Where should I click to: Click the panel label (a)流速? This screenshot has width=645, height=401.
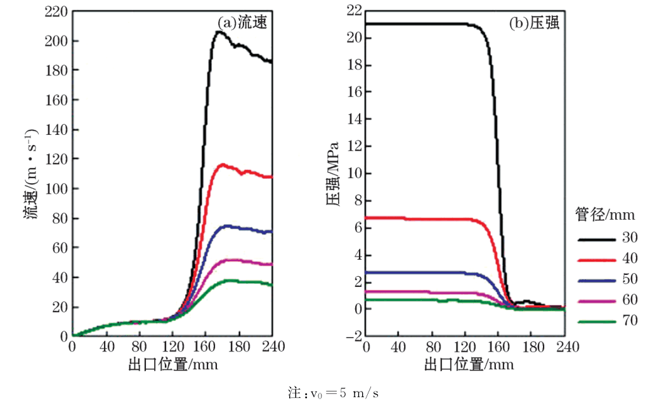(x=241, y=23)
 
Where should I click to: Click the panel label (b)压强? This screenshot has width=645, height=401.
(x=533, y=23)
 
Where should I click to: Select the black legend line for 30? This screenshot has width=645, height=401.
(x=597, y=239)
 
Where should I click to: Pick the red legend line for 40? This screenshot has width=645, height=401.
(x=597, y=260)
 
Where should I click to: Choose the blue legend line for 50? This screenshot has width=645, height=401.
(x=597, y=280)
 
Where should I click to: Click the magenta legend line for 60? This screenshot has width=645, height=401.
(x=597, y=301)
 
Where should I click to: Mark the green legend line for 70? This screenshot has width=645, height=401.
(x=597, y=322)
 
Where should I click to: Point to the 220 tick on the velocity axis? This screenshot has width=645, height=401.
(x=57, y=11)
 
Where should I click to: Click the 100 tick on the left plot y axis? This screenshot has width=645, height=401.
(x=57, y=189)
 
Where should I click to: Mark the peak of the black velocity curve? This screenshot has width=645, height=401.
(x=219, y=32)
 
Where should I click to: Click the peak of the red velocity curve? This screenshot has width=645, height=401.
(x=221, y=165)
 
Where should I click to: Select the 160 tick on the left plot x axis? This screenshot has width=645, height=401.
(x=205, y=347)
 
